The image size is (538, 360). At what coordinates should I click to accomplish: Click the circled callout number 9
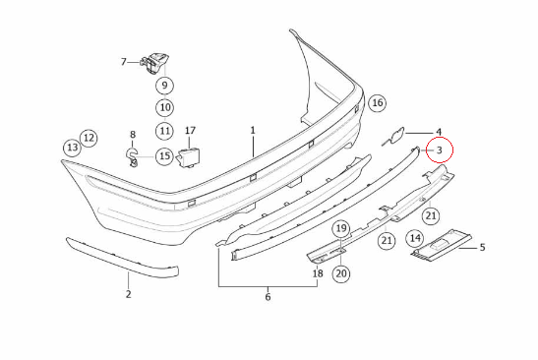pos(164,86)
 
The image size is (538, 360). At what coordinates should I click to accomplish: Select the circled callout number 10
pos(165,108)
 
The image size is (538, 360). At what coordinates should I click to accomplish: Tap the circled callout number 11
pos(164,131)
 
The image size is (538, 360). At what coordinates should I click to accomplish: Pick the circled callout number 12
pos(89,138)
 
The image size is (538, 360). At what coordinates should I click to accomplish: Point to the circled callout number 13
pos(73,148)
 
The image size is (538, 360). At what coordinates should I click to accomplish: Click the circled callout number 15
pos(164,156)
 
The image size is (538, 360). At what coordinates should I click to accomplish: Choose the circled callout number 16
pos(377,102)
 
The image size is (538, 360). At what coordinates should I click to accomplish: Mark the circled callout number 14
pos(415,238)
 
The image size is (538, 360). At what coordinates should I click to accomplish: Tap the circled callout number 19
pos(341,228)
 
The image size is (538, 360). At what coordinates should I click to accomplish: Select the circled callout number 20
pos(341,273)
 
